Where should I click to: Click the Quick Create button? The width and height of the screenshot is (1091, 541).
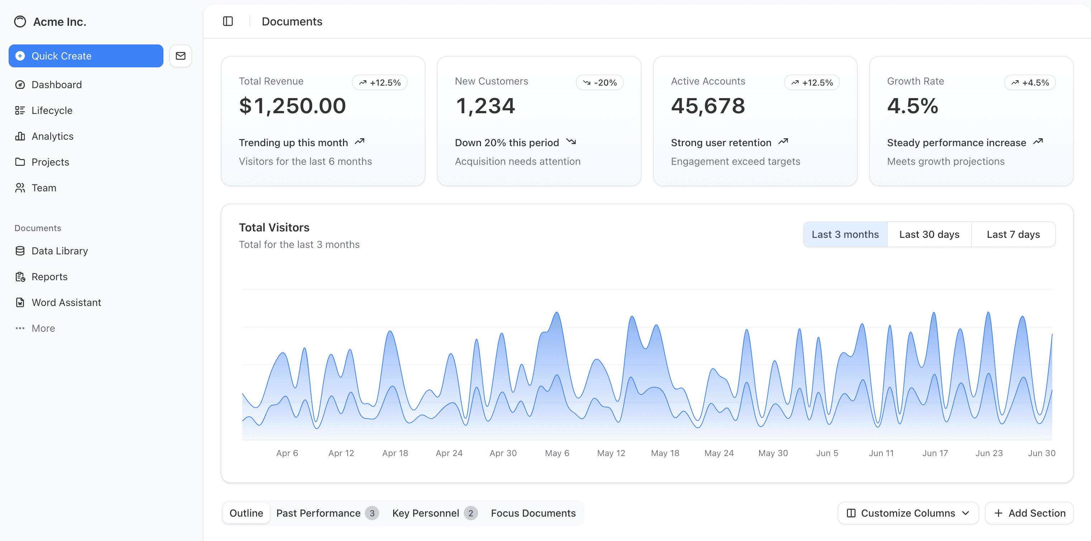(86, 56)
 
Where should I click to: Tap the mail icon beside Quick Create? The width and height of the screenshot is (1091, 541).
(180, 56)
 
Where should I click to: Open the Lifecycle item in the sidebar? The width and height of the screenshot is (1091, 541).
(52, 110)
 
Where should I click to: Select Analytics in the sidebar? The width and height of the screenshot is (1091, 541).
(52, 136)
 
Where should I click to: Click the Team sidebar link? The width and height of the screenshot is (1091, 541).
(44, 188)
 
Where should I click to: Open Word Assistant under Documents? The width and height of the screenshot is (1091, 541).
(66, 303)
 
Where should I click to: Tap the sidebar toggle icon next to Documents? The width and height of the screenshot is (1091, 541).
(228, 21)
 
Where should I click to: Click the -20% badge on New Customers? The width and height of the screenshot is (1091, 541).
(599, 82)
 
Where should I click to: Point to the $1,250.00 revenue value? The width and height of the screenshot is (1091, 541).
(292, 106)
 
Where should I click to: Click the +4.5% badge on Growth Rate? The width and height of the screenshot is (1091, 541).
(1030, 82)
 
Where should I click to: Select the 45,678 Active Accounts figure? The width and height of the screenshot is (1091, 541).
(708, 106)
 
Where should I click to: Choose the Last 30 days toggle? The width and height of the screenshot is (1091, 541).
(929, 235)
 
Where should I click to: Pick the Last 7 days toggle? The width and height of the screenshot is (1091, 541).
(1013, 235)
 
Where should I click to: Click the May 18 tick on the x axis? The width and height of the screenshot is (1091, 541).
(665, 453)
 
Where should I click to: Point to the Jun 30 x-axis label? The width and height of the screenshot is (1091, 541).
(1042, 453)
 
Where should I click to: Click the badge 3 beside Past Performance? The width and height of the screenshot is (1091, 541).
(372, 513)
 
